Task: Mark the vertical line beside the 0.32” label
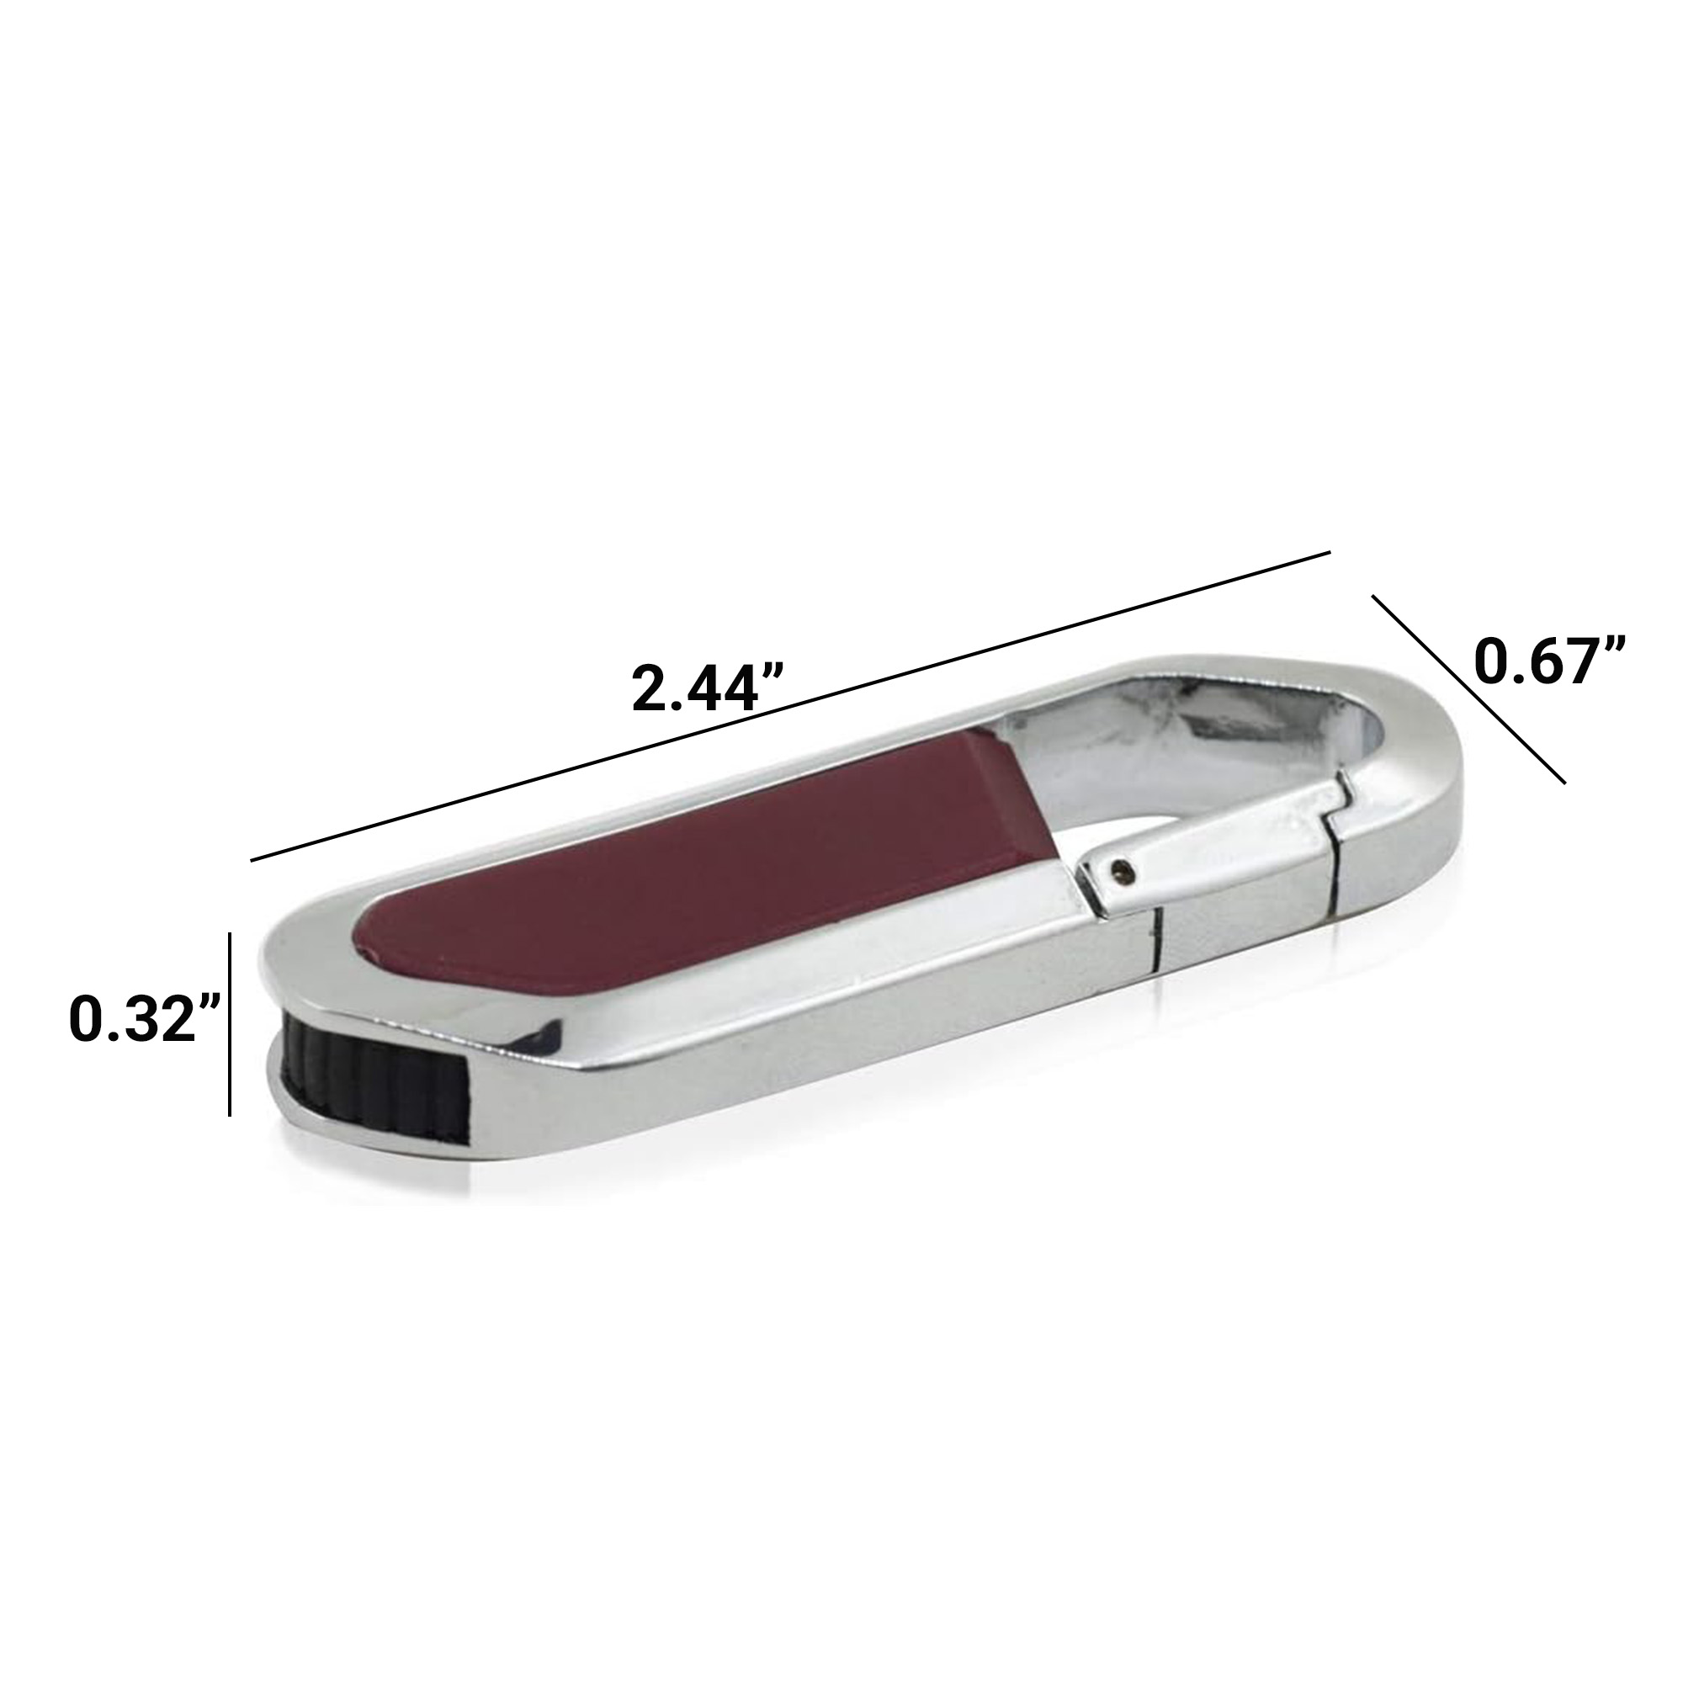(x=230, y=1023)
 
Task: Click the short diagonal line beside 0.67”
(x=1469, y=689)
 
